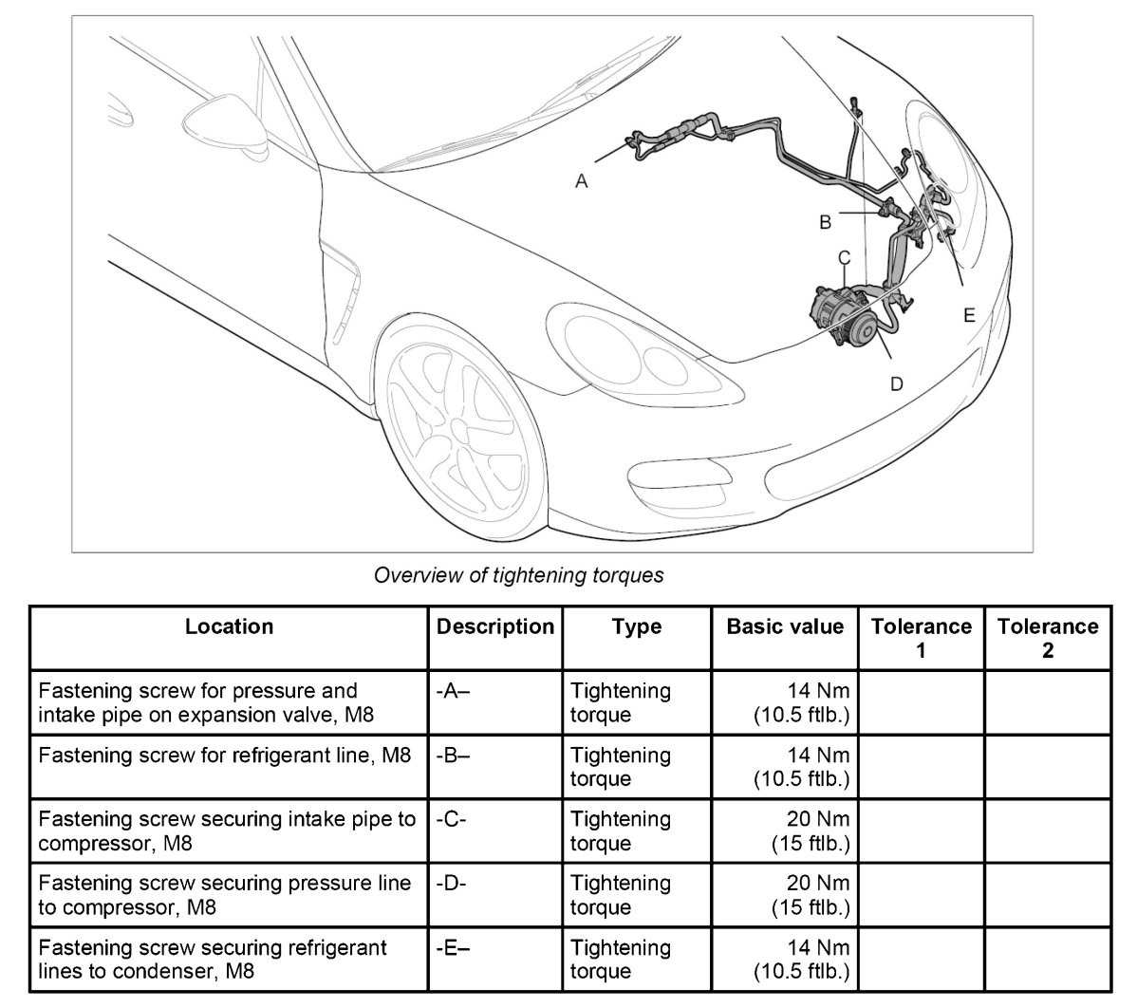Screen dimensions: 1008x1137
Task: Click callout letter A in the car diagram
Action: (582, 180)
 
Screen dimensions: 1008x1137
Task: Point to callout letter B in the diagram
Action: (826, 222)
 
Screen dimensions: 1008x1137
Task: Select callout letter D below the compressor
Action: (896, 383)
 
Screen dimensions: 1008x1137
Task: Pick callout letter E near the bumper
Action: (969, 315)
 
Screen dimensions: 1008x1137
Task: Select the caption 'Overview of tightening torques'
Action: (518, 575)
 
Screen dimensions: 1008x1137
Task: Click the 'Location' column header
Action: (229, 626)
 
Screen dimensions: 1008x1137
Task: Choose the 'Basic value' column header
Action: (784, 626)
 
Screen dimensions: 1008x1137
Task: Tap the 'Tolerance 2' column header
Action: (1047, 638)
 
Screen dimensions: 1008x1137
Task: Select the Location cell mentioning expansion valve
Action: (229, 702)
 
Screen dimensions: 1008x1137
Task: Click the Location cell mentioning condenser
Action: (229, 959)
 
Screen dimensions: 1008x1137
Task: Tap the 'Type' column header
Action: (636, 626)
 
